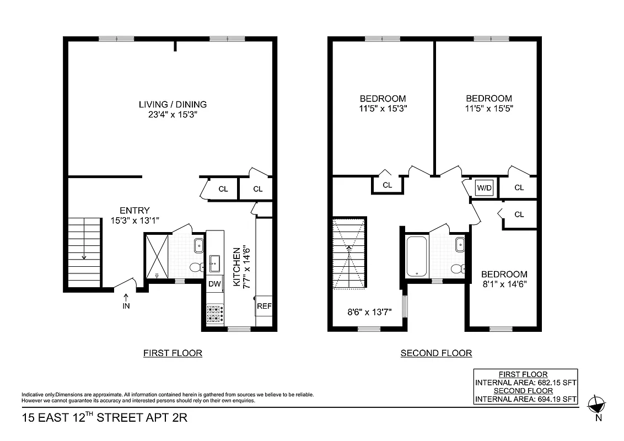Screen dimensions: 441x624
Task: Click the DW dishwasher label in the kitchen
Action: point(214,284)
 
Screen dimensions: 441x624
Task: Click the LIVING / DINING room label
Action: point(173,104)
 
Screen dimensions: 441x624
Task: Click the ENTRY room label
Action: point(135,210)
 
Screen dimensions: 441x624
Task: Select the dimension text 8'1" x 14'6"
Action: point(504,284)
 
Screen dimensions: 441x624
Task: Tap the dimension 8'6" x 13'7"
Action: point(369,311)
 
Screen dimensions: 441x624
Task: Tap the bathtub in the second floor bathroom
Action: point(416,256)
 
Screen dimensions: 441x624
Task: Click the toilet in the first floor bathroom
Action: point(196,268)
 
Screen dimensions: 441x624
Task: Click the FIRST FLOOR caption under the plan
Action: point(173,353)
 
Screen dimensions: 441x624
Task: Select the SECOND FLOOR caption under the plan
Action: point(436,353)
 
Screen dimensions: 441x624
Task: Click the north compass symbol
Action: point(597,406)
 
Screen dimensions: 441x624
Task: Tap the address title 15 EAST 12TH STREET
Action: point(105,417)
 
